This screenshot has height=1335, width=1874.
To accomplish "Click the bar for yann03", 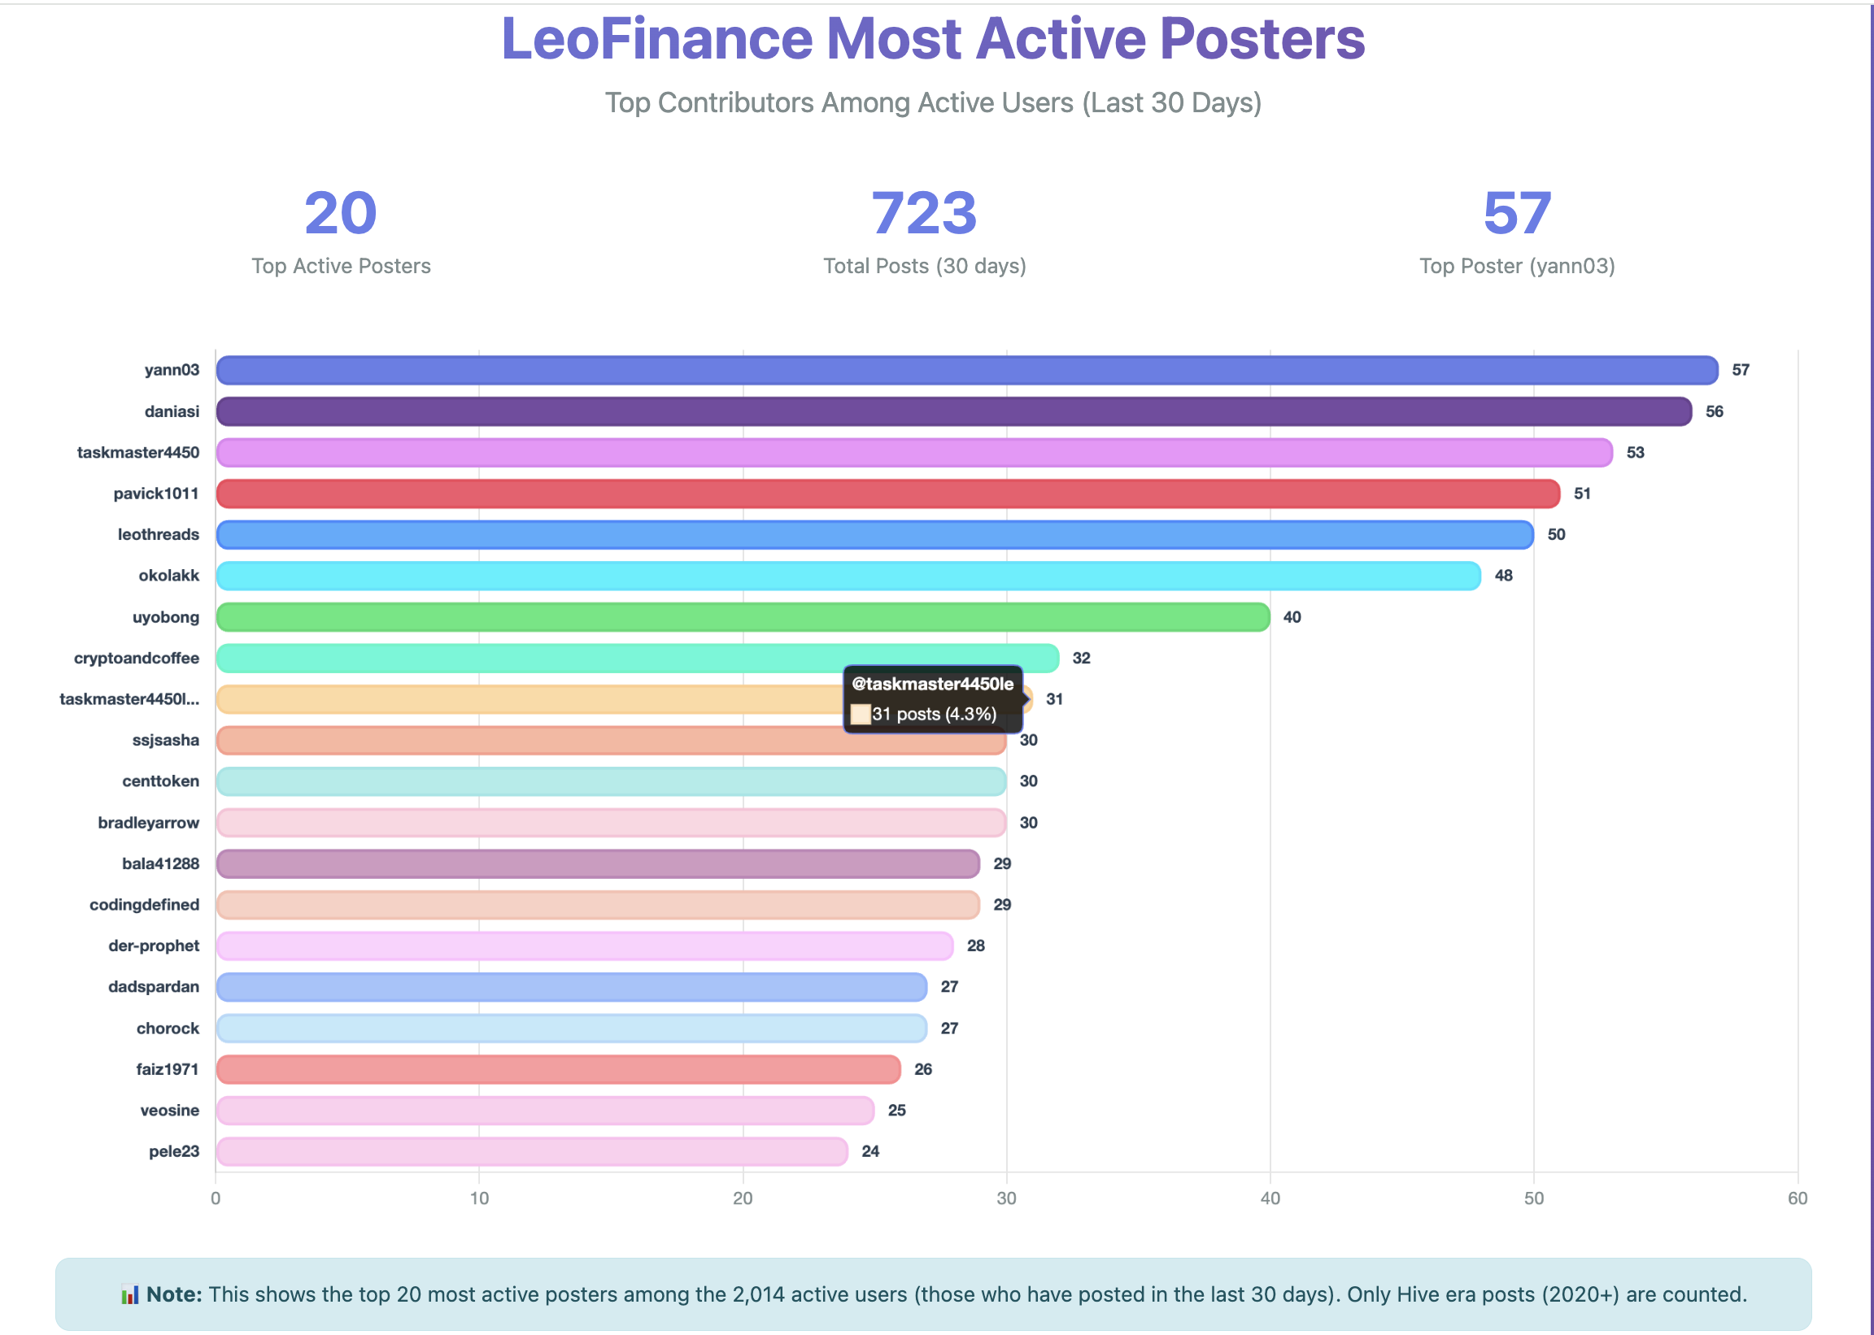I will pos(966,370).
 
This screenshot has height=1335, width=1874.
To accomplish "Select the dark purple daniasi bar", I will pos(954,411).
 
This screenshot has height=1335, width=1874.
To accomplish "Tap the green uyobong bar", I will pos(743,617).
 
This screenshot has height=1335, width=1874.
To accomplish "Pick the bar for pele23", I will pos(531,1152).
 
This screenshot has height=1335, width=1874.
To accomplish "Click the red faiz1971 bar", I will pos(557,1069).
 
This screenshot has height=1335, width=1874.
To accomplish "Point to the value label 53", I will pos(1635,453).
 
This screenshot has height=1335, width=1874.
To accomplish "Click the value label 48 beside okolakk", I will pos(1503,576).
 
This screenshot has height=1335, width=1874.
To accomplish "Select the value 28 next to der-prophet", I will pos(975,946).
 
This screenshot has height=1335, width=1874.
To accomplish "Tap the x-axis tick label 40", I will pos(1270,1198).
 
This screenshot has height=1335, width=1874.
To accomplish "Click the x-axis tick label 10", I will pos(479,1198).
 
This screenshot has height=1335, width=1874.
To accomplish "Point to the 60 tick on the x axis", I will pos(1797,1198).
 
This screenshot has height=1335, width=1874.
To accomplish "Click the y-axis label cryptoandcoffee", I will pos(137,659).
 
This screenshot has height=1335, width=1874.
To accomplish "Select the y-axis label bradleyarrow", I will pos(148,823).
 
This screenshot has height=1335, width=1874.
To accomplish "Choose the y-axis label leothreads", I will pos(158,535).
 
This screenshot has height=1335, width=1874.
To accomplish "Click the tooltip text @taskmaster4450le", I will pos(932,684).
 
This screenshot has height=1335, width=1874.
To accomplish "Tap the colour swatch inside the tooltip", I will pos(860,715).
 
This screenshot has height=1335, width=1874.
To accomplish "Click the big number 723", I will pos(924,213).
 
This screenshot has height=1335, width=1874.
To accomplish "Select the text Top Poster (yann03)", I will pos(1516,267).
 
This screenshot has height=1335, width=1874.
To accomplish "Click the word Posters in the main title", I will pos(1262,39).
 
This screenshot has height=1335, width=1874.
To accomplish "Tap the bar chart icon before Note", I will pos(129,1294).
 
